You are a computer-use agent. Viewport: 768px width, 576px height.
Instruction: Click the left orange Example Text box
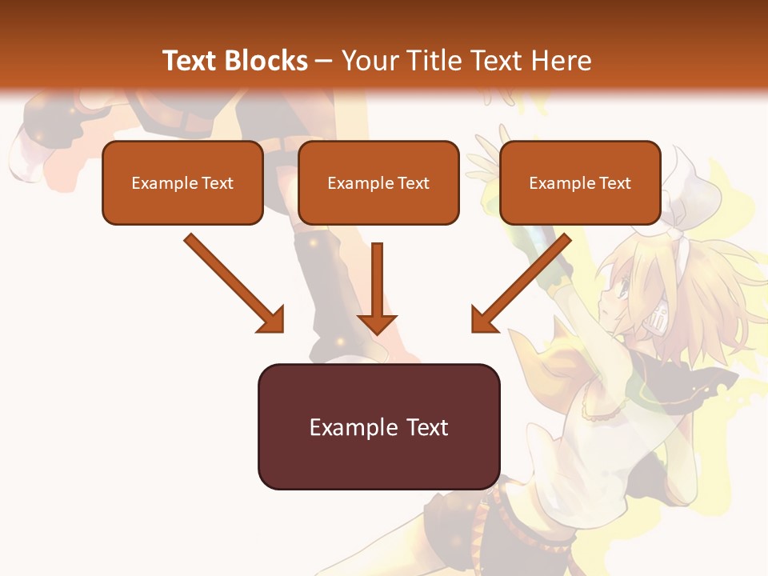[x=182, y=182]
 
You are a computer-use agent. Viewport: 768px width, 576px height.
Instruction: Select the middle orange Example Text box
[x=378, y=182]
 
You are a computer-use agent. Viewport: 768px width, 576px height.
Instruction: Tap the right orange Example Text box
[x=580, y=182]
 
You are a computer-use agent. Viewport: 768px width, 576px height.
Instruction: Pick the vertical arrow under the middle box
[x=377, y=284]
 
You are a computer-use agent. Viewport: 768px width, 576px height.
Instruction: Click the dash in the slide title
[x=324, y=61]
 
